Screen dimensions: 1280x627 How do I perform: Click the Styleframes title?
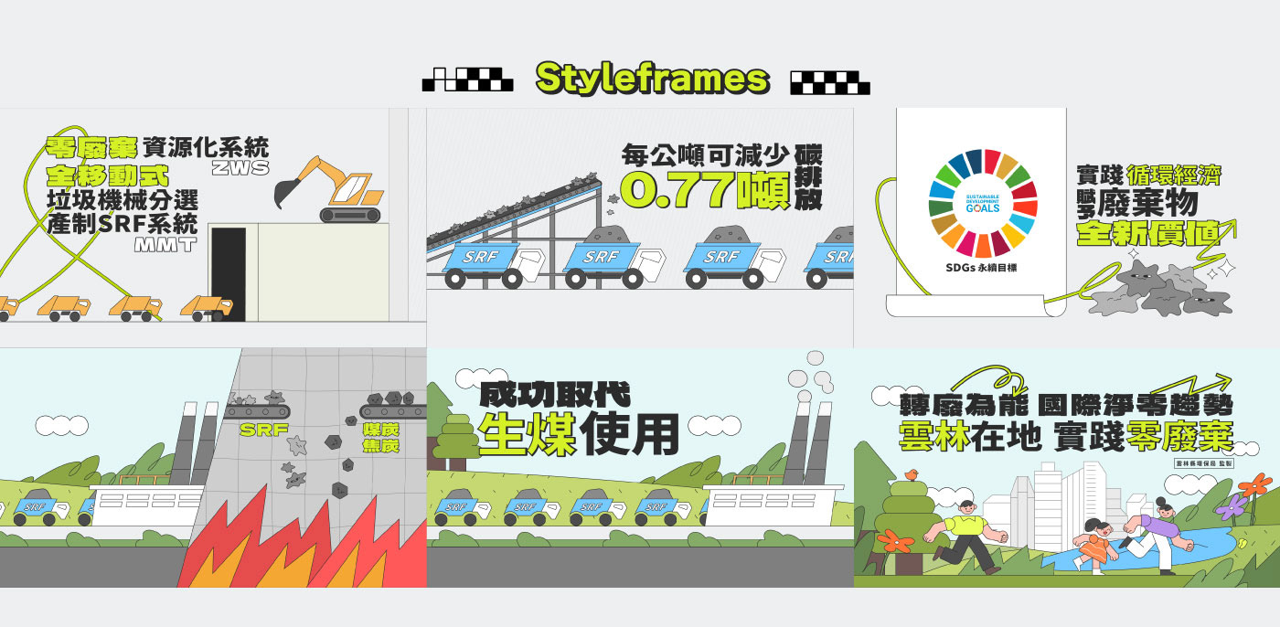tap(651, 79)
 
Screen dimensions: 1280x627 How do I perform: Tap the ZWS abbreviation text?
tap(240, 167)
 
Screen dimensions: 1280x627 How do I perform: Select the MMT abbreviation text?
tap(165, 244)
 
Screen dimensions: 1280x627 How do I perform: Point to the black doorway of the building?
tap(229, 273)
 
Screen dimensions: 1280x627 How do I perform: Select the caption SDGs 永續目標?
tap(983, 270)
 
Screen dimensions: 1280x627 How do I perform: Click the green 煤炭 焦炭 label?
tap(380, 438)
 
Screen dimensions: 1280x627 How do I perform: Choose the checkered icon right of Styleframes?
tap(829, 82)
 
